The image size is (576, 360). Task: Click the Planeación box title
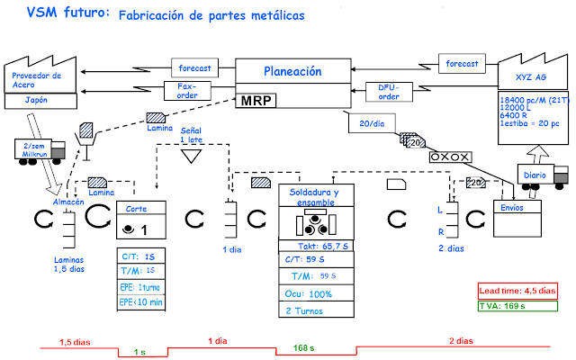(x=292, y=71)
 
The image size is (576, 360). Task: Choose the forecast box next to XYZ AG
(x=463, y=63)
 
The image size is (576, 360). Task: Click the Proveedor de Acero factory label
(x=38, y=81)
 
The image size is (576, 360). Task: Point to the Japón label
(x=37, y=101)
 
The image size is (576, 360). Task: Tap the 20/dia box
(x=365, y=124)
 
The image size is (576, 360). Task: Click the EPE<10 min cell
(x=141, y=302)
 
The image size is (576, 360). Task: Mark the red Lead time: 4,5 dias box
(x=517, y=290)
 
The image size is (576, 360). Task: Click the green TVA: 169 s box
(x=517, y=305)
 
